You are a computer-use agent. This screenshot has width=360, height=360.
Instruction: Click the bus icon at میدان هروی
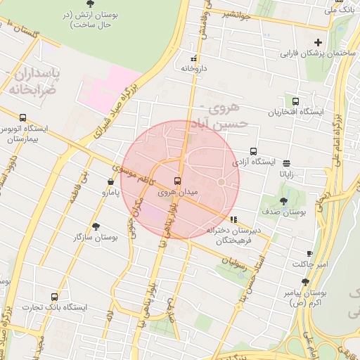point(176,180)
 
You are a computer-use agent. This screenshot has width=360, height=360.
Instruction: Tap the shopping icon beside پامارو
point(112,181)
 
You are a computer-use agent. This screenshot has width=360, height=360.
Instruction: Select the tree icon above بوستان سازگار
point(96,226)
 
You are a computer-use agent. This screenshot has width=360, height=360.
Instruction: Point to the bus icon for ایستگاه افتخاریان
point(295,101)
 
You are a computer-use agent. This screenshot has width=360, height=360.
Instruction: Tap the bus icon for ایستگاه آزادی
point(253,150)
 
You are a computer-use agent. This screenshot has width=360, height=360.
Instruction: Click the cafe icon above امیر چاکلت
point(309,253)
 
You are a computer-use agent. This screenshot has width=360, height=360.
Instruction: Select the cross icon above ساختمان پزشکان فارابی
point(319,42)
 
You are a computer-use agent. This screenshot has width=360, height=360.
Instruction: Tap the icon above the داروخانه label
point(194,58)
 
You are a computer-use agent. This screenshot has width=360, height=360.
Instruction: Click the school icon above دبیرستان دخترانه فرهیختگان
point(233,219)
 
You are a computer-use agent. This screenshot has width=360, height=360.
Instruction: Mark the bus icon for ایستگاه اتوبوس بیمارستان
point(23,118)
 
